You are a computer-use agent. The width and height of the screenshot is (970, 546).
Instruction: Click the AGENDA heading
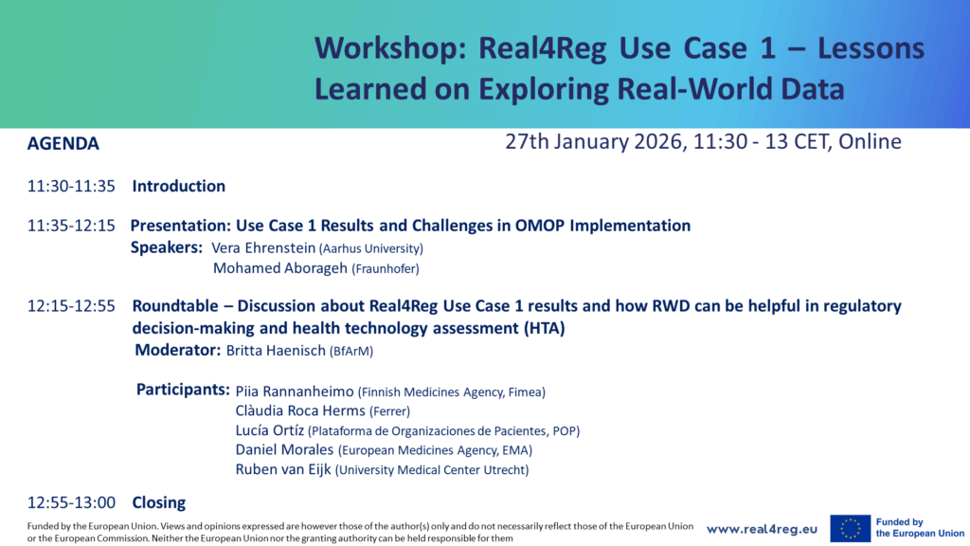[x=63, y=144]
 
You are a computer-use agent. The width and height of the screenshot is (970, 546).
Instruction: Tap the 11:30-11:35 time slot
[x=71, y=187]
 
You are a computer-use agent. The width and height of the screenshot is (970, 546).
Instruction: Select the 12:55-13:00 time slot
[x=71, y=502]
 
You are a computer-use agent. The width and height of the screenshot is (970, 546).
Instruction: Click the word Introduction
[x=178, y=187]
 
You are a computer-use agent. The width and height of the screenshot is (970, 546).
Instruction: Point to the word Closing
[x=158, y=502]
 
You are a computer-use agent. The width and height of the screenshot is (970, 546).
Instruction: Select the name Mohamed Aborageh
[x=280, y=268]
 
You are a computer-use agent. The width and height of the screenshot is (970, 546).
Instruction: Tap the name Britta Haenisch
[x=275, y=351]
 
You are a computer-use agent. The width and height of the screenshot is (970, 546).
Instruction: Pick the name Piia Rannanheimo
[x=294, y=391]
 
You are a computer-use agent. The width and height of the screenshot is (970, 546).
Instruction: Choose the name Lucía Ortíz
[x=269, y=430]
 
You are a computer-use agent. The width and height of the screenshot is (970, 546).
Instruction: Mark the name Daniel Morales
[x=284, y=450]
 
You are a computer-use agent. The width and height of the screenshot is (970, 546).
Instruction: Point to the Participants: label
[x=184, y=390]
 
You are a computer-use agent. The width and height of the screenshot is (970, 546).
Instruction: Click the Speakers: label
[x=166, y=247]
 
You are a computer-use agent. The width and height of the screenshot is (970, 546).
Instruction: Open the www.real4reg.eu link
[x=762, y=529]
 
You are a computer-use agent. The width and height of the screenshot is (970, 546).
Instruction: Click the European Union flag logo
[x=850, y=529]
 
